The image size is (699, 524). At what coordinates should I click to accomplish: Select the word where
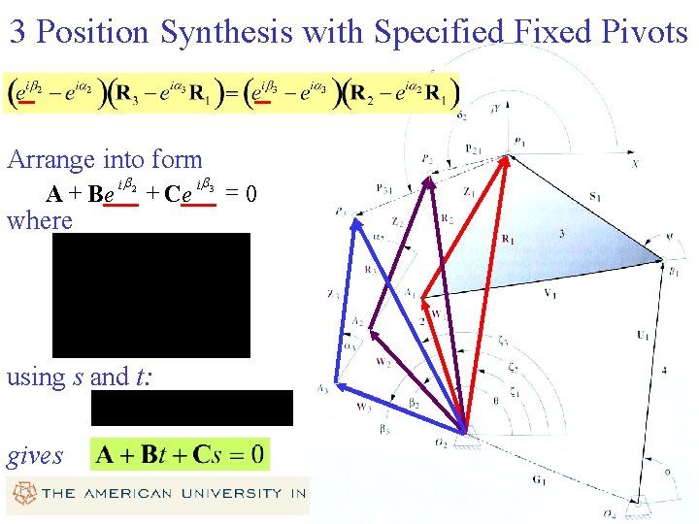tap(40, 220)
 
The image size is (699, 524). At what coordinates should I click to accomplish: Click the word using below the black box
tap(36, 377)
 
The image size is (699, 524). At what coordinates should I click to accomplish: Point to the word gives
tap(34, 455)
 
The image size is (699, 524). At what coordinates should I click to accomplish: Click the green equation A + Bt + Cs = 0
tap(180, 454)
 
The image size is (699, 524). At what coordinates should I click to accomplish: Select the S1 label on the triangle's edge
tap(594, 197)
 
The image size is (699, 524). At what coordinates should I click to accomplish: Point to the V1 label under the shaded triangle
tap(550, 292)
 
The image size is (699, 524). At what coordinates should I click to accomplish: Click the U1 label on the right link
tap(643, 335)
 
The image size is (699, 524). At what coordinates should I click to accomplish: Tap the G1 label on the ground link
tap(539, 479)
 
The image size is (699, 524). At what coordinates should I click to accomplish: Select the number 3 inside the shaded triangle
tap(560, 234)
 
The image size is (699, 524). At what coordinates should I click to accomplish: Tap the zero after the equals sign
tap(250, 194)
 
